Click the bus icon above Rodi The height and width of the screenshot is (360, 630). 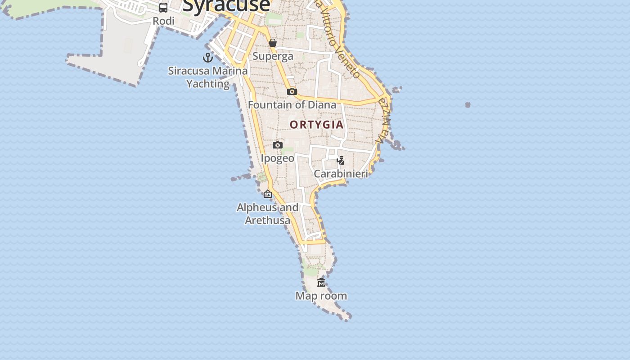click(x=163, y=8)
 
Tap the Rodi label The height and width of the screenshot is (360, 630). click(x=163, y=21)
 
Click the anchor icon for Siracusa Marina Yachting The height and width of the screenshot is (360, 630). click(x=208, y=58)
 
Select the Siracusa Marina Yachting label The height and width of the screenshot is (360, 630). click(x=208, y=77)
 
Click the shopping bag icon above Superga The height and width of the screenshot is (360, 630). click(x=273, y=43)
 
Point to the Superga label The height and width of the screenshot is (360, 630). click(x=273, y=56)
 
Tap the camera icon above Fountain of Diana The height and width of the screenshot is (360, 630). click(x=292, y=91)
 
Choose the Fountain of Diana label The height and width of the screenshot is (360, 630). click(x=292, y=105)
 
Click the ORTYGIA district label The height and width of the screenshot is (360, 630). click(x=317, y=125)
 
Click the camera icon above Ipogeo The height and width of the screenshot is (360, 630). click(x=278, y=145)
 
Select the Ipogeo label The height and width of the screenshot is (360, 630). click(x=278, y=158)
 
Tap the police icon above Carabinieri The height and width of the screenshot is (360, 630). click(x=341, y=160)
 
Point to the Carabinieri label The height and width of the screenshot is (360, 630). click(x=341, y=174)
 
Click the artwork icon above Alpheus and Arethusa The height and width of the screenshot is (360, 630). click(x=268, y=194)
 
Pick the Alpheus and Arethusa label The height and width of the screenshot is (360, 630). click(x=267, y=214)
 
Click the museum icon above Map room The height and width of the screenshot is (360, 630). click(x=321, y=282)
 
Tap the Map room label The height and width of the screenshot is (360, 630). click(x=321, y=296)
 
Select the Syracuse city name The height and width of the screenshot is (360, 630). click(x=226, y=5)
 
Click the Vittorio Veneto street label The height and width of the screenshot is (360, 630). click(x=338, y=40)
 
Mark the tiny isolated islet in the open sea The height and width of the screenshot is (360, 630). click(x=468, y=105)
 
